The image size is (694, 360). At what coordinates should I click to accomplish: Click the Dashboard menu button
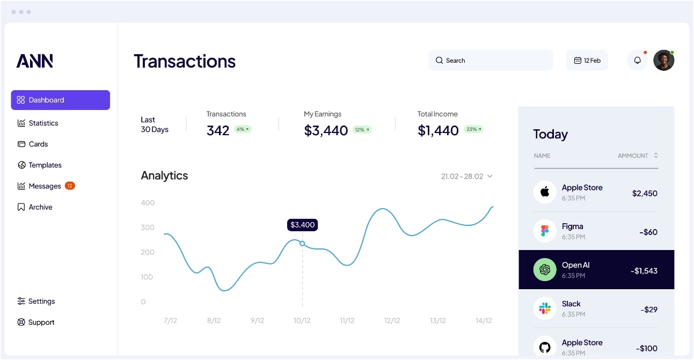(x=60, y=100)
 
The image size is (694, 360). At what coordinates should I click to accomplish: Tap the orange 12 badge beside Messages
(x=70, y=186)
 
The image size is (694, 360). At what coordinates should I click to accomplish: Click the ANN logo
(x=35, y=61)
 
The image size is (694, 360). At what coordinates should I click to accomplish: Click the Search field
(x=491, y=61)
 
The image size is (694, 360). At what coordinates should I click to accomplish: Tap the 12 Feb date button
(x=587, y=61)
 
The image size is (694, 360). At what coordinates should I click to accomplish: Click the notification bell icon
(x=637, y=61)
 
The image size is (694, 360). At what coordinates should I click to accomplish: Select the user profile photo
(x=663, y=61)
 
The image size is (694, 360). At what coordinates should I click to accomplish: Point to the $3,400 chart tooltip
(x=302, y=225)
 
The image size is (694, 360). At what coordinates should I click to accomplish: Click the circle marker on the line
(x=302, y=244)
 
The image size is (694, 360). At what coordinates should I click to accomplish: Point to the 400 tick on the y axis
(x=148, y=203)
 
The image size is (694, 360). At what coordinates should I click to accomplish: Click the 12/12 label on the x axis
(x=392, y=321)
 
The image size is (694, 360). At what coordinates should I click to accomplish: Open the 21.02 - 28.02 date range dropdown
(x=466, y=176)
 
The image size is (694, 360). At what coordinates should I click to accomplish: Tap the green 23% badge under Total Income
(x=473, y=129)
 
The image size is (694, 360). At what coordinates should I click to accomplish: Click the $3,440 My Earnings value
(x=326, y=130)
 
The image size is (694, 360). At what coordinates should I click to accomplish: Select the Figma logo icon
(x=545, y=231)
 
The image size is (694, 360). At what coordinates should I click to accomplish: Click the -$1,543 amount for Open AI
(x=644, y=271)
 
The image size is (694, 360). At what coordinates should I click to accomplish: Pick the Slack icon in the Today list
(x=545, y=308)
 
